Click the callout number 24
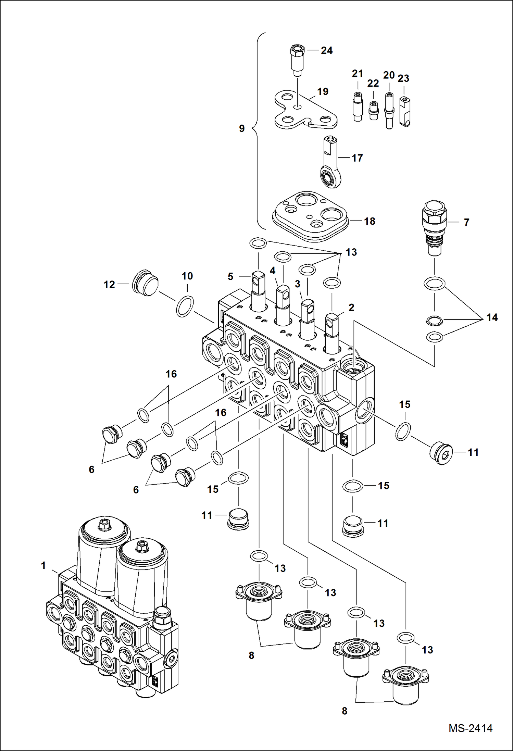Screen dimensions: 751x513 (326, 51)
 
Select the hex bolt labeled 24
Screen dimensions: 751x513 (297, 60)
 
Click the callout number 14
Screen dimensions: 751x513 (492, 317)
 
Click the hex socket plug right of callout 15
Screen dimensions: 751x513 (441, 453)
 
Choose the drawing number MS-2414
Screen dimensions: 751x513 (471, 728)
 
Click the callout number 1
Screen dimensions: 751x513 (43, 565)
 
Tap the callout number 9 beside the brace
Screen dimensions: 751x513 (242, 128)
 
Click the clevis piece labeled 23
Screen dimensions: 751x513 (405, 112)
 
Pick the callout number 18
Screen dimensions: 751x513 (370, 221)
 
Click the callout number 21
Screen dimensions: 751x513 (357, 74)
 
